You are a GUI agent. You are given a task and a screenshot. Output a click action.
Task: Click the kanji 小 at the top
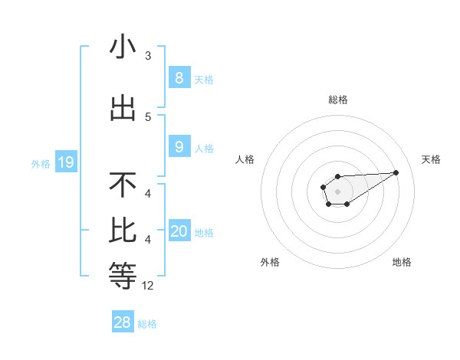coord(123,47)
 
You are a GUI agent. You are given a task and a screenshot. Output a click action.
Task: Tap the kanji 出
coord(123,107)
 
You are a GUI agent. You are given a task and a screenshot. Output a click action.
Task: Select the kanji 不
coord(123,185)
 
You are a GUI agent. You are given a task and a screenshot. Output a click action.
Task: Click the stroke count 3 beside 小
coord(148,56)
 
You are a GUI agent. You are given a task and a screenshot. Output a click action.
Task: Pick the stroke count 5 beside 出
coord(148,116)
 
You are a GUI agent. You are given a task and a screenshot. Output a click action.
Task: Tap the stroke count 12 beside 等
coord(148,285)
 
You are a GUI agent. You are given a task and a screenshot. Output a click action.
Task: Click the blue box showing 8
coord(179,77)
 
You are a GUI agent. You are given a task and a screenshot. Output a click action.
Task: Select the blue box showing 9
coord(179,147)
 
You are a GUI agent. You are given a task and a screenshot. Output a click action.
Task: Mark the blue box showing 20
coord(179,231)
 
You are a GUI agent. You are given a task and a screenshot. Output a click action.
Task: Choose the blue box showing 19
coord(65,162)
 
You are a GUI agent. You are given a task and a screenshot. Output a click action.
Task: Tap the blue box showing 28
coord(122,322)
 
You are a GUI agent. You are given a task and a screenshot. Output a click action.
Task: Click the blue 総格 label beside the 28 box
coord(147,324)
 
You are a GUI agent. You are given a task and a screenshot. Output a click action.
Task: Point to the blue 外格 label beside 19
coord(41,163)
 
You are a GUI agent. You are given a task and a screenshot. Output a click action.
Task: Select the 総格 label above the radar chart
coord(337,100)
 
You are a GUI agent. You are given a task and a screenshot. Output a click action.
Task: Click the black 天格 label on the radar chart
coord(431,159)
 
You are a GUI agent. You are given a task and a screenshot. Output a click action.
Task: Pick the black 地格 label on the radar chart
coord(402,262)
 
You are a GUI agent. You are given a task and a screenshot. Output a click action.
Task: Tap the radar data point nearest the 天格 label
coord(396,172)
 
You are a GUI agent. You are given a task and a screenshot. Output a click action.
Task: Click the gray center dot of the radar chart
coord(337,191)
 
